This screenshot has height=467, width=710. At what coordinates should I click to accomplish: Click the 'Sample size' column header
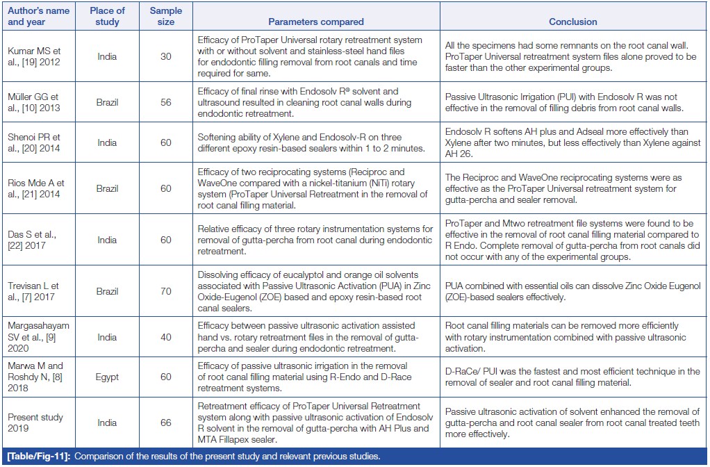[x=165, y=16]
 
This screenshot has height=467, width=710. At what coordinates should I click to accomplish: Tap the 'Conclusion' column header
[x=572, y=22]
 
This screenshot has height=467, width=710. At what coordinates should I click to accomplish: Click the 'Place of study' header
[x=107, y=16]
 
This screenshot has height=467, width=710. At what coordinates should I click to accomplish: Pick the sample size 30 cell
[x=165, y=56]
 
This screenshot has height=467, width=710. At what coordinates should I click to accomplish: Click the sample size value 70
[x=165, y=291]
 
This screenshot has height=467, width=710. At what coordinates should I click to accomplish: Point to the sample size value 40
[x=165, y=337]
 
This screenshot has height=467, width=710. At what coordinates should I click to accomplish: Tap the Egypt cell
[x=107, y=377]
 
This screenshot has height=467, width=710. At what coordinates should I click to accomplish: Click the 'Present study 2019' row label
[x=35, y=423]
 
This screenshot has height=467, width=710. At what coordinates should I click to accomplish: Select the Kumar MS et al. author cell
[x=35, y=56]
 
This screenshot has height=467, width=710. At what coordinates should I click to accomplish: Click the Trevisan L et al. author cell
[x=35, y=291]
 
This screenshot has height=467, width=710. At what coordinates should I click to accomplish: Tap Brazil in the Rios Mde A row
[x=107, y=188]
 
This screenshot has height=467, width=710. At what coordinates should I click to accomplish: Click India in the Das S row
[x=107, y=240]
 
